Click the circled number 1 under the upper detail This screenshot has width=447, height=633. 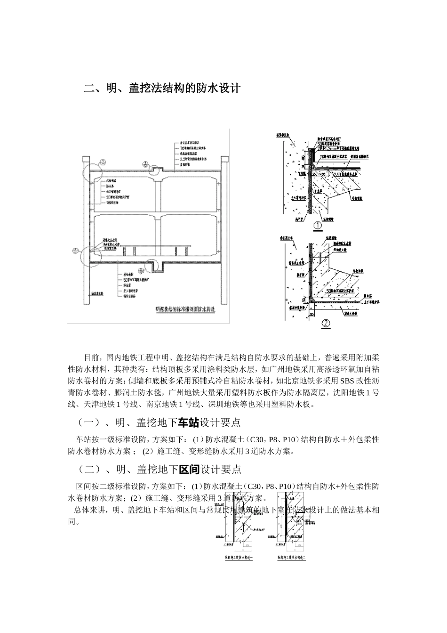(x=318, y=225)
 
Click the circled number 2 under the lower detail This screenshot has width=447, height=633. (x=326, y=324)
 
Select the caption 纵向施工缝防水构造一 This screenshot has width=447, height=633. (x=239, y=557)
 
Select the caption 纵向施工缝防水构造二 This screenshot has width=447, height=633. (x=292, y=557)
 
